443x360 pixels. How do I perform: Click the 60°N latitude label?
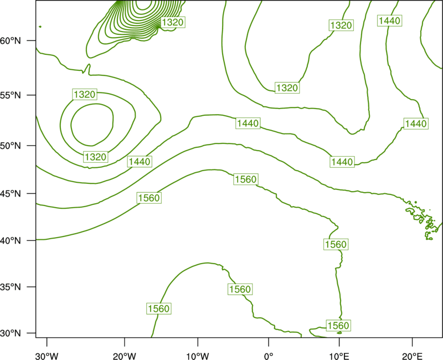(11, 41)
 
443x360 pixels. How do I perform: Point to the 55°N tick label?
(11, 95)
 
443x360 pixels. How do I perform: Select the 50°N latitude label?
(11, 146)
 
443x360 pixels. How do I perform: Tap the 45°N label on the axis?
(11, 193)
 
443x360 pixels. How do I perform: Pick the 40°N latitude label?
(11, 241)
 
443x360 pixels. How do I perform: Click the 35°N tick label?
(11, 287)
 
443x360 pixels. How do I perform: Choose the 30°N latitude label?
(11, 333)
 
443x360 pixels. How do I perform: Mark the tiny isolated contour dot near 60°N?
(40, 27)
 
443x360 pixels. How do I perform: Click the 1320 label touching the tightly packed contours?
(173, 22)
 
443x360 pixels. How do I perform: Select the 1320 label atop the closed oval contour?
(85, 94)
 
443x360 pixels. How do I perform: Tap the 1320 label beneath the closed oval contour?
(95, 157)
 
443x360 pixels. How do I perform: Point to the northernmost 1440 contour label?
(390, 20)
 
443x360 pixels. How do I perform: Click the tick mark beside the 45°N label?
(32, 193)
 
